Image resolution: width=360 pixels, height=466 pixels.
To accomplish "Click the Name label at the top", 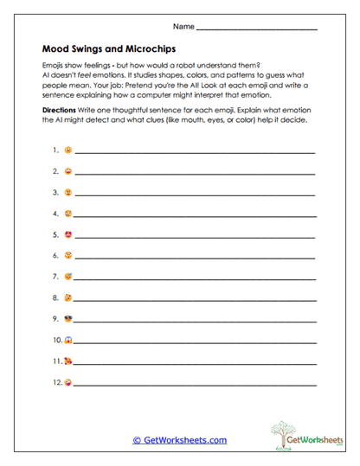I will point(183,28).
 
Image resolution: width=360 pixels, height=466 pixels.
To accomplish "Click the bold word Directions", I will point(63,112).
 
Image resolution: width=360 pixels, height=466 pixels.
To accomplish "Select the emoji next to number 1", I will point(67,150).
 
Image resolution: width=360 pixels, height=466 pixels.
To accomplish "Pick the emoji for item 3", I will point(67,193).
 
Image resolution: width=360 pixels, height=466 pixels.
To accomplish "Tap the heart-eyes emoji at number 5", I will point(67,234).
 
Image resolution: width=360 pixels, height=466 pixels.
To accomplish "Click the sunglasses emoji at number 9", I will point(67,318).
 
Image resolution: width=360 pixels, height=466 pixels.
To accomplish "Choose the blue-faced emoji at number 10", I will point(67,339).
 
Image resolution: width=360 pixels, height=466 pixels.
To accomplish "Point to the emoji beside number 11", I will point(67,360).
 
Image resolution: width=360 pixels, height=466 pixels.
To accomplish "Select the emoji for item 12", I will point(67,381).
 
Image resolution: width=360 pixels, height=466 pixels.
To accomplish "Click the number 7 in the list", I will point(55,277).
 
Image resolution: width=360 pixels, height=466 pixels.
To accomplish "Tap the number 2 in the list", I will point(55,172).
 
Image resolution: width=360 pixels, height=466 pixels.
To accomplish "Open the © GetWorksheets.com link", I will point(180,440).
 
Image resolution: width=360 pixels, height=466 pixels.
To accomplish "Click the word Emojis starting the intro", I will point(53,66).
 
